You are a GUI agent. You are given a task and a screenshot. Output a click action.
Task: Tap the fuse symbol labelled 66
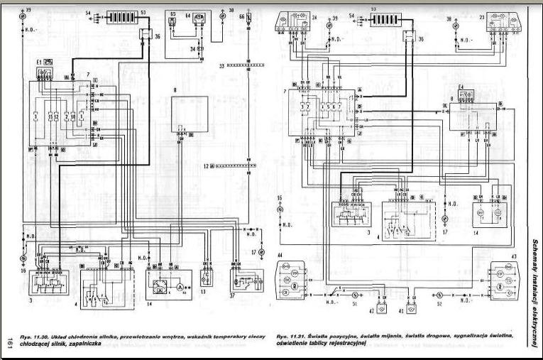[247, 17]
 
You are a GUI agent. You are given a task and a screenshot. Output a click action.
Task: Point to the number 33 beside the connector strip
[221, 65]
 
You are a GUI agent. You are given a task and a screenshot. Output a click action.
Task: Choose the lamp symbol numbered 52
[440, 292]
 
